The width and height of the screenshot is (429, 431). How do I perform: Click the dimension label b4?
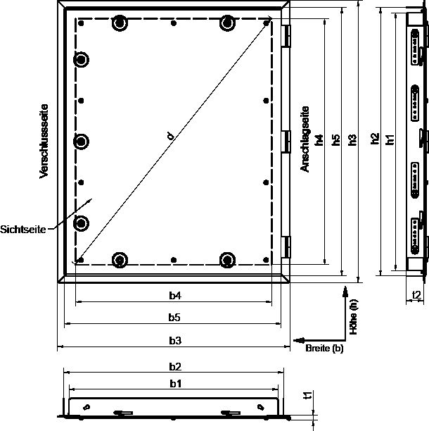click(175, 296)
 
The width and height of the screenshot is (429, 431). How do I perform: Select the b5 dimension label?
click(174, 318)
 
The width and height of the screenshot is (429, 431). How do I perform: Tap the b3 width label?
click(175, 341)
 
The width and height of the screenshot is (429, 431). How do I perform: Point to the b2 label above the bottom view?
click(175, 367)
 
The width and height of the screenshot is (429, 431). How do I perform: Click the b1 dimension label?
click(175, 384)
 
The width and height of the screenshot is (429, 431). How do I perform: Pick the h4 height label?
click(319, 140)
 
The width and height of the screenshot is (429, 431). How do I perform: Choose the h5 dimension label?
click(335, 140)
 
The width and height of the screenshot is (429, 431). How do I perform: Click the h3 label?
click(352, 140)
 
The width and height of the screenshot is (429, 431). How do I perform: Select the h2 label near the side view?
click(375, 139)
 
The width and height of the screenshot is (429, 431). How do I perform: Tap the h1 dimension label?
click(390, 139)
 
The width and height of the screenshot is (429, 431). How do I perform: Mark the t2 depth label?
click(416, 295)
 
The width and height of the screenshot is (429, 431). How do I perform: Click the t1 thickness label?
click(309, 395)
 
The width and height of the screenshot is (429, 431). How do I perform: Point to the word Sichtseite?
click(23, 230)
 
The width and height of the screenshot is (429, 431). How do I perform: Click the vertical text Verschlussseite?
click(44, 142)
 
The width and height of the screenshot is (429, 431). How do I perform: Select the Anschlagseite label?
click(305, 139)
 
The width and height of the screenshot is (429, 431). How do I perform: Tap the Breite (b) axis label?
click(324, 349)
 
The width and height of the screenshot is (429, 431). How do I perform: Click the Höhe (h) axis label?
click(354, 317)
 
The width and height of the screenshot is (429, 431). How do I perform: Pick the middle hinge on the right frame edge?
click(286, 142)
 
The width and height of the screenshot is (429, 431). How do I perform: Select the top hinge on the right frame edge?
click(286, 37)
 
